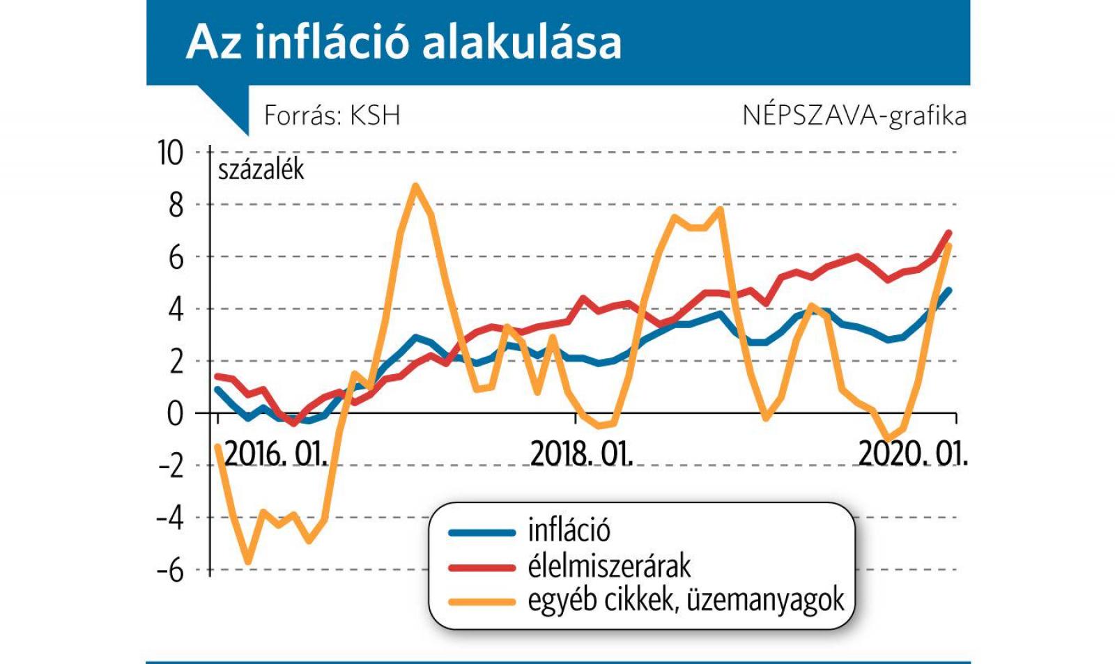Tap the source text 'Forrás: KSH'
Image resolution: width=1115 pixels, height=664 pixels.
[x=332, y=115]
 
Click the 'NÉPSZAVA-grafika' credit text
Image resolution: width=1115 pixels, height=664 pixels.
[x=854, y=115]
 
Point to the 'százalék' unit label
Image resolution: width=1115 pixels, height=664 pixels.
[x=261, y=169]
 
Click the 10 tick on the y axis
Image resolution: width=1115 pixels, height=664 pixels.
[x=171, y=153]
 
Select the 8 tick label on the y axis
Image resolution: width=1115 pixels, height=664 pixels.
[x=176, y=205]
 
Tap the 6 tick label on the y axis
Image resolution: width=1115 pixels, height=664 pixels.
[x=176, y=258]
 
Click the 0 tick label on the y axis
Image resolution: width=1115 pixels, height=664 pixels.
[x=176, y=414]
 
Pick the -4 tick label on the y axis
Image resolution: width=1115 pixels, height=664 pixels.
[x=170, y=518]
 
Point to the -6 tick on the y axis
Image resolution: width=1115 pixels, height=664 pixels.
[x=170, y=571]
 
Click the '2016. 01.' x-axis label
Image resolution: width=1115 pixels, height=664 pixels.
[x=275, y=454]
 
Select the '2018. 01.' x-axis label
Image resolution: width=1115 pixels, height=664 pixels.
[x=581, y=454]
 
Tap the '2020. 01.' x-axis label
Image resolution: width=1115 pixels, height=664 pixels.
[x=912, y=454]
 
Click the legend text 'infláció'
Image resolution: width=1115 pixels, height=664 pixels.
[x=569, y=531]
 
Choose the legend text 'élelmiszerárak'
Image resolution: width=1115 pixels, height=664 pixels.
[x=608, y=566]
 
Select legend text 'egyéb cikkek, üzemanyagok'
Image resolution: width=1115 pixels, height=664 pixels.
[x=686, y=600]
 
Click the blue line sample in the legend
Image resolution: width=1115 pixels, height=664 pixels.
[x=482, y=533]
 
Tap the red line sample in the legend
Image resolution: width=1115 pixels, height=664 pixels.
[x=482, y=568]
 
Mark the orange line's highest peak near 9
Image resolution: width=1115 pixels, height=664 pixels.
[x=415, y=186]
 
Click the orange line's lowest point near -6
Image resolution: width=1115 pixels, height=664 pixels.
[x=248, y=562]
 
